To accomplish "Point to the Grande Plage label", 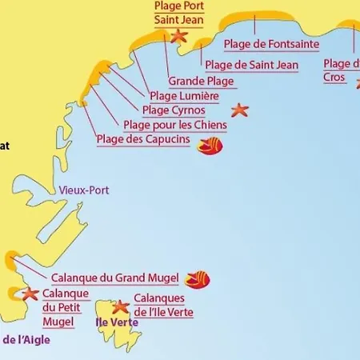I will coord(201,81).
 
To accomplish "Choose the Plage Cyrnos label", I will coord(174,110).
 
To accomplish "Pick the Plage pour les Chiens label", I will coord(175,125).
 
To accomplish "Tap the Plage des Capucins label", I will coord(143,139).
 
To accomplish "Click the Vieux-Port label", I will coord(84,190).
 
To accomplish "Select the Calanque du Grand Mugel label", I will coord(115,278).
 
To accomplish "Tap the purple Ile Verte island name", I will coord(117,322).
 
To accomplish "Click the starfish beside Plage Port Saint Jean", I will coord(178,36).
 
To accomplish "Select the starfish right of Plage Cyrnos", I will coord(239,110).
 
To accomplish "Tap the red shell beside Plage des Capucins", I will coord(211,146).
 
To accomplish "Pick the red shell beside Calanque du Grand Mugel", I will coord(197,278).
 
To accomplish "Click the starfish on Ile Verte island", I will coord(120,306).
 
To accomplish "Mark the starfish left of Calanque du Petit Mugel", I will coord(30,294).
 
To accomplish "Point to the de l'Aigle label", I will coord(26,340).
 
